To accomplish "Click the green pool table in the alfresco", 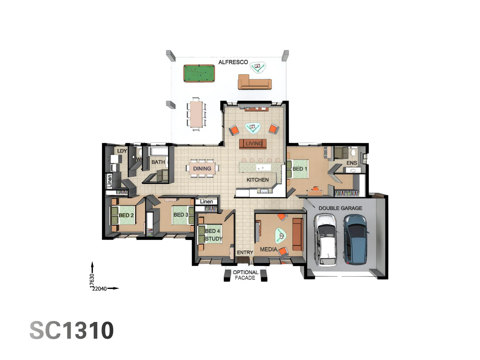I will (199, 73).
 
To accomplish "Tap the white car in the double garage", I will (326, 240).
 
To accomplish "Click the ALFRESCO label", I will (233, 62).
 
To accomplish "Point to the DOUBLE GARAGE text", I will (340, 208).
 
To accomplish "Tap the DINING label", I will (202, 169).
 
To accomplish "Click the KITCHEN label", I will (257, 180).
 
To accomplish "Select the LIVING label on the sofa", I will (254, 144).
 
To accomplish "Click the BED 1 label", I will (300, 169).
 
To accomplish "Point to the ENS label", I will (352, 163).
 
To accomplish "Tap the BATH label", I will (158, 162).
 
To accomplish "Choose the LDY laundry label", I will (122, 151).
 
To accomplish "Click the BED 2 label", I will (126, 215).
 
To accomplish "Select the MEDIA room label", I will (268, 249).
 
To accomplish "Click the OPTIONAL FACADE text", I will (245, 275).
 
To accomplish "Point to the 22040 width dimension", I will (99, 289).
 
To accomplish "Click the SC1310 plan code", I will (72, 331).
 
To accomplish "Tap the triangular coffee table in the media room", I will (281, 235).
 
